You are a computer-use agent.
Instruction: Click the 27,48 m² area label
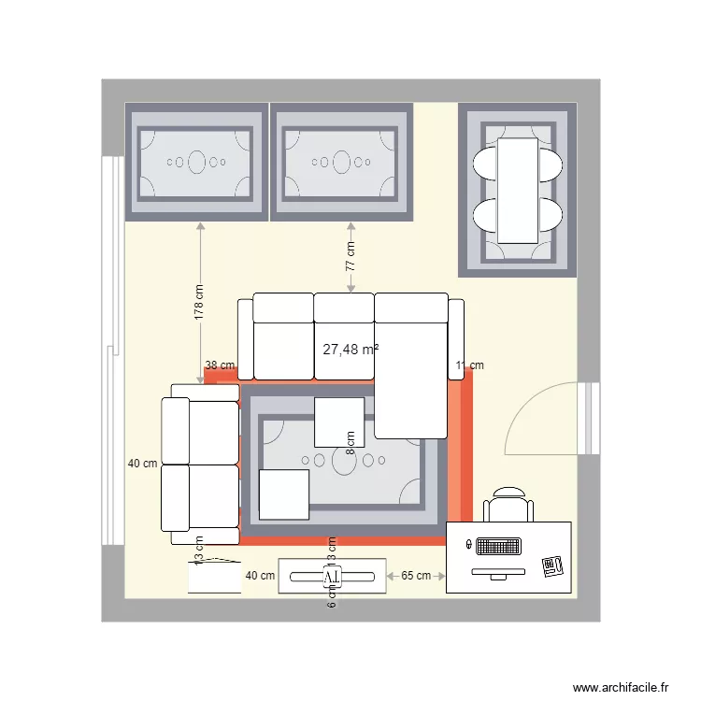pyautogui.click(x=350, y=350)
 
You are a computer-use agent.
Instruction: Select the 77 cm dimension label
pyautogui.click(x=350, y=257)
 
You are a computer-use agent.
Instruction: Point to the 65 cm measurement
pyautogui.click(x=416, y=576)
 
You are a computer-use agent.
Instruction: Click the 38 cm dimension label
pyautogui.click(x=220, y=365)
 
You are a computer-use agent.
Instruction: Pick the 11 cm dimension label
pyautogui.click(x=469, y=365)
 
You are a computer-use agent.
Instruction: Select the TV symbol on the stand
pyautogui.click(x=332, y=578)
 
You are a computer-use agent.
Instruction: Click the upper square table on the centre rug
pyautogui.click(x=338, y=422)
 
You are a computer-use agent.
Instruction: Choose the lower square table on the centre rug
pyautogui.click(x=284, y=494)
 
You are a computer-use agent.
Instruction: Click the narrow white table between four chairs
pyautogui.click(x=518, y=190)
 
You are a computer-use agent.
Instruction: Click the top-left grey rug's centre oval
pyautogui.click(x=197, y=163)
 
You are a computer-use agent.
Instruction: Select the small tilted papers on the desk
pyautogui.click(x=552, y=565)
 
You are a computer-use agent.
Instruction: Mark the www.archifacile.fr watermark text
pyautogui.click(x=621, y=687)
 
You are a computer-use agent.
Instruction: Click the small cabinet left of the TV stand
pyautogui.click(x=214, y=576)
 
